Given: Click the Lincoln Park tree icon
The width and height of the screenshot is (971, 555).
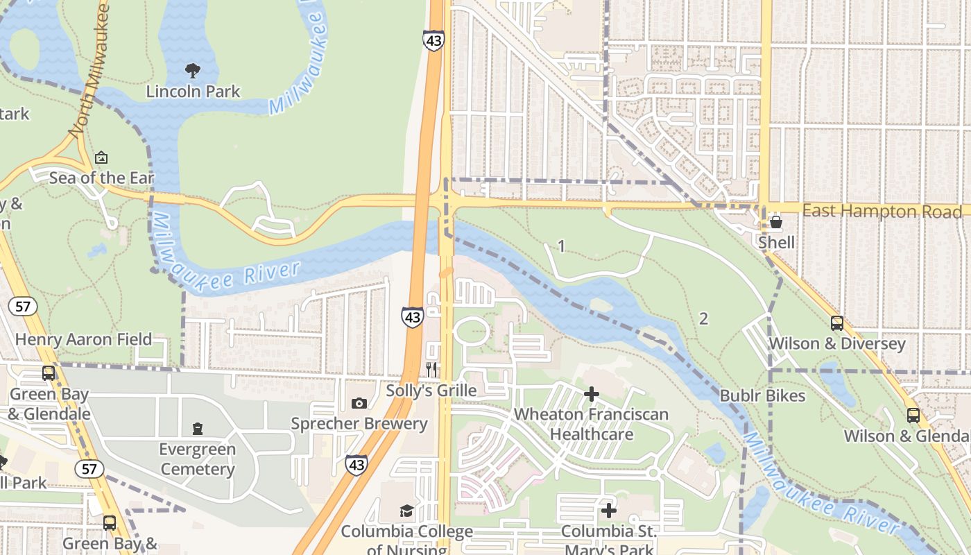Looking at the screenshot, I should pos(192,69).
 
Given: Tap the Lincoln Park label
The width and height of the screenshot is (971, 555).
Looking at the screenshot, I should pos(193,91).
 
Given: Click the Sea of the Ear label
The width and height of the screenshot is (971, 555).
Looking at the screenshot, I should pos(101,178).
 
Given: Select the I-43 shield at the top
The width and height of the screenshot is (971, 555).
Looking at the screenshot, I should pos(433,40).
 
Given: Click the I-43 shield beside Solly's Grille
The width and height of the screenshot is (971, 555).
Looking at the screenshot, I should pos(413,317).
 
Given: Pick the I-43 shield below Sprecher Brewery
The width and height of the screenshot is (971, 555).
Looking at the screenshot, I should pos(356,464).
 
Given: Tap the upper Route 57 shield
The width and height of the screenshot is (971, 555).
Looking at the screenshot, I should pos(24,306).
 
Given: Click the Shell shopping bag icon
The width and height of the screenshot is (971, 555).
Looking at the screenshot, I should pos(776,223).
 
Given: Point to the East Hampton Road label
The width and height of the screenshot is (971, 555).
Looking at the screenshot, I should pos(882,211).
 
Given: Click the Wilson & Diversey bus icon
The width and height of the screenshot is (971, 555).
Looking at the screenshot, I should pos(837,323).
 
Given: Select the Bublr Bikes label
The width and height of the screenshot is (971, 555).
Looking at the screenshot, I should pos(762,395).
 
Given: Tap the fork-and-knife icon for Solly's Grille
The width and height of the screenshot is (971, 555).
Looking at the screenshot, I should pos(431,370).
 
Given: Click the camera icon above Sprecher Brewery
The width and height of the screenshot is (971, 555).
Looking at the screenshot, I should pos(359,403).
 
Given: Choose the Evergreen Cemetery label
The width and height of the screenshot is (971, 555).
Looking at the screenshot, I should pos(198,459).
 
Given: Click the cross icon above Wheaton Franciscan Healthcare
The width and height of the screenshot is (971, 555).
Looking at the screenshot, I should pos(591,394).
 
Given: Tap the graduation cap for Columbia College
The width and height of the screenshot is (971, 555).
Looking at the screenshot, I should pos(406,511).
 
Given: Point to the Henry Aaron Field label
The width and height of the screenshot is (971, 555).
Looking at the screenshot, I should pos(83,339).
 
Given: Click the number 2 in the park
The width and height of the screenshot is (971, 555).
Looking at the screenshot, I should pos(703,318).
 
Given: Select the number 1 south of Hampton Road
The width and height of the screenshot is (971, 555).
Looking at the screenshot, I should pos(561,246).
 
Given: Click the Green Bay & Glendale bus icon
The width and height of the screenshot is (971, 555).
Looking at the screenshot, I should pos(49,373).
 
